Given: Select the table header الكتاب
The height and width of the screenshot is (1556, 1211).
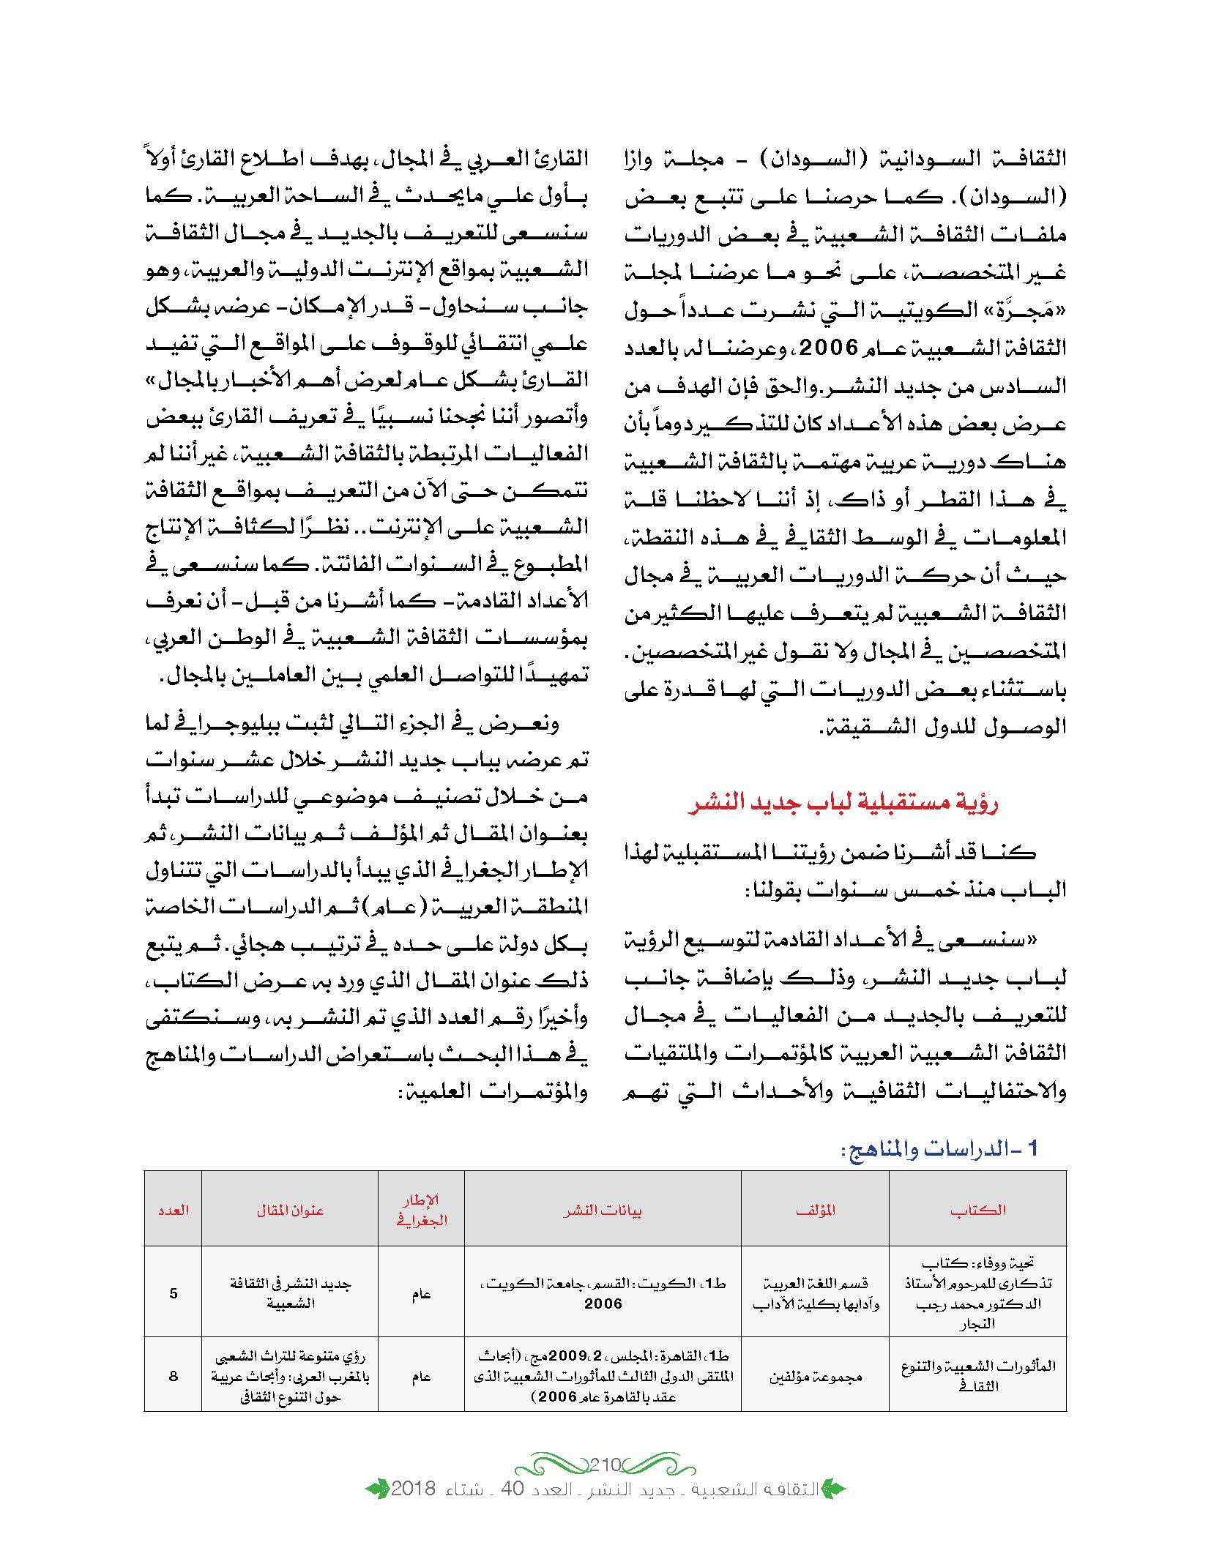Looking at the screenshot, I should [x=977, y=1211].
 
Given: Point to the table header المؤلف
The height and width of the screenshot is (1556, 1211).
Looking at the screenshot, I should [x=815, y=1211].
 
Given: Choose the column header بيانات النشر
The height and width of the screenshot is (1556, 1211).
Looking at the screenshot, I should [x=603, y=1211].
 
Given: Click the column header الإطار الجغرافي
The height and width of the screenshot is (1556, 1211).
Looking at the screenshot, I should [x=421, y=1210].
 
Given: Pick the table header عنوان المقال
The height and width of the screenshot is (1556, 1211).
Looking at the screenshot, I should [x=290, y=1211].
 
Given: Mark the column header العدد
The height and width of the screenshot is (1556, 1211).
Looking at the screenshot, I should [x=173, y=1211].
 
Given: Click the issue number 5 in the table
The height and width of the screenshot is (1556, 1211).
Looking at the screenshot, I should [x=174, y=1293].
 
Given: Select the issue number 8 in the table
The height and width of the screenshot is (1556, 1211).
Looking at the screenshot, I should [x=174, y=1376].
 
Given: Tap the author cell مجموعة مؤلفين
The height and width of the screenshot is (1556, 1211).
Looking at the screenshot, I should [x=815, y=1377].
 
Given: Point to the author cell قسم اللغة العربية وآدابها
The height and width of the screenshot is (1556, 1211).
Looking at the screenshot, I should [x=815, y=1293].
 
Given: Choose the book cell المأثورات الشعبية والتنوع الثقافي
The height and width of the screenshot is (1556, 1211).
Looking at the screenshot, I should [x=977, y=1376].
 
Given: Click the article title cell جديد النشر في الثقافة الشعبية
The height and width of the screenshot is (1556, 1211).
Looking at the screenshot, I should [x=290, y=1293].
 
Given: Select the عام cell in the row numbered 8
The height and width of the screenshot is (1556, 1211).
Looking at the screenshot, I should [x=421, y=1377].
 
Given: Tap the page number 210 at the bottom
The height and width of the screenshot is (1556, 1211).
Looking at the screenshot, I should [x=605, y=1464].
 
